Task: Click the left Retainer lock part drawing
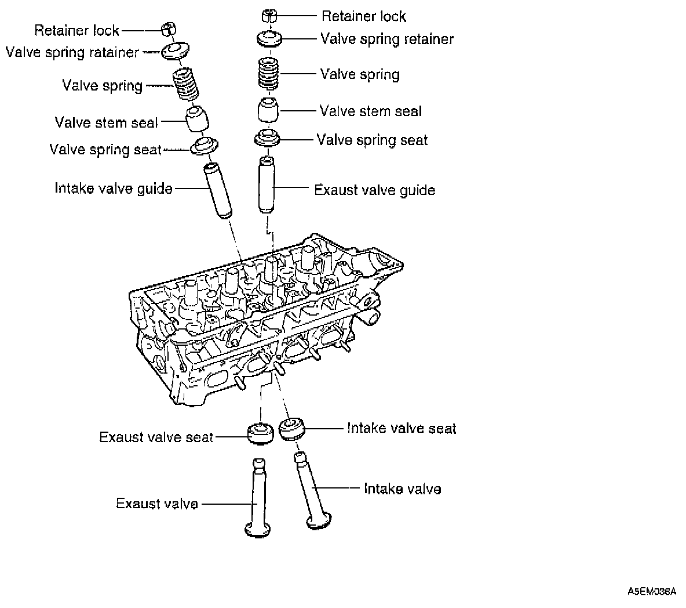[x=168, y=28]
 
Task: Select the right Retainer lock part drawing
[x=268, y=15]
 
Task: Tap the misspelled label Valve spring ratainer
[x=72, y=53]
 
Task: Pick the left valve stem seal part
[x=198, y=118]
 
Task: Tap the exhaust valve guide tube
[x=267, y=184]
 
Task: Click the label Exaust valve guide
[x=374, y=190]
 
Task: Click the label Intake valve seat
[x=401, y=429]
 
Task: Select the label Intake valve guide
[x=114, y=189]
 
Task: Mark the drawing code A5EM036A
[x=651, y=592]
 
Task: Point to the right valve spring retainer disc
[x=269, y=39]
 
